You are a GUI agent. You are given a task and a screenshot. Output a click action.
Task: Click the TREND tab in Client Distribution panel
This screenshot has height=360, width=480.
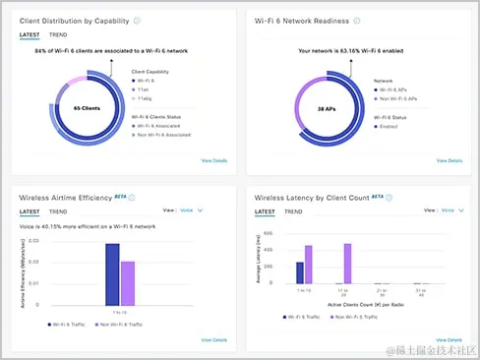(60, 34)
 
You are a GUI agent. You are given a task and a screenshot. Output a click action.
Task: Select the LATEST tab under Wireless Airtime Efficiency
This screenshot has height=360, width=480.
(30, 211)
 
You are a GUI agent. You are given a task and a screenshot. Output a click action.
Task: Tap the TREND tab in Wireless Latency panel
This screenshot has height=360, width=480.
(294, 211)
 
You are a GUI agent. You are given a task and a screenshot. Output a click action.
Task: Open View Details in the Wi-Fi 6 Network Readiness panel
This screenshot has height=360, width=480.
(450, 158)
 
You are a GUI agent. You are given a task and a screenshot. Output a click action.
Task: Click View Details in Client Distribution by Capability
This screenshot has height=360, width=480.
(214, 158)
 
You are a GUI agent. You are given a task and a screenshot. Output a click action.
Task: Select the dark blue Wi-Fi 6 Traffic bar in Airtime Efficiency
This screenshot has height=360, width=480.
(112, 276)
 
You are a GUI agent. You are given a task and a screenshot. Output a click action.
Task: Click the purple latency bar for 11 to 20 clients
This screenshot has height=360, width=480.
(347, 269)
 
